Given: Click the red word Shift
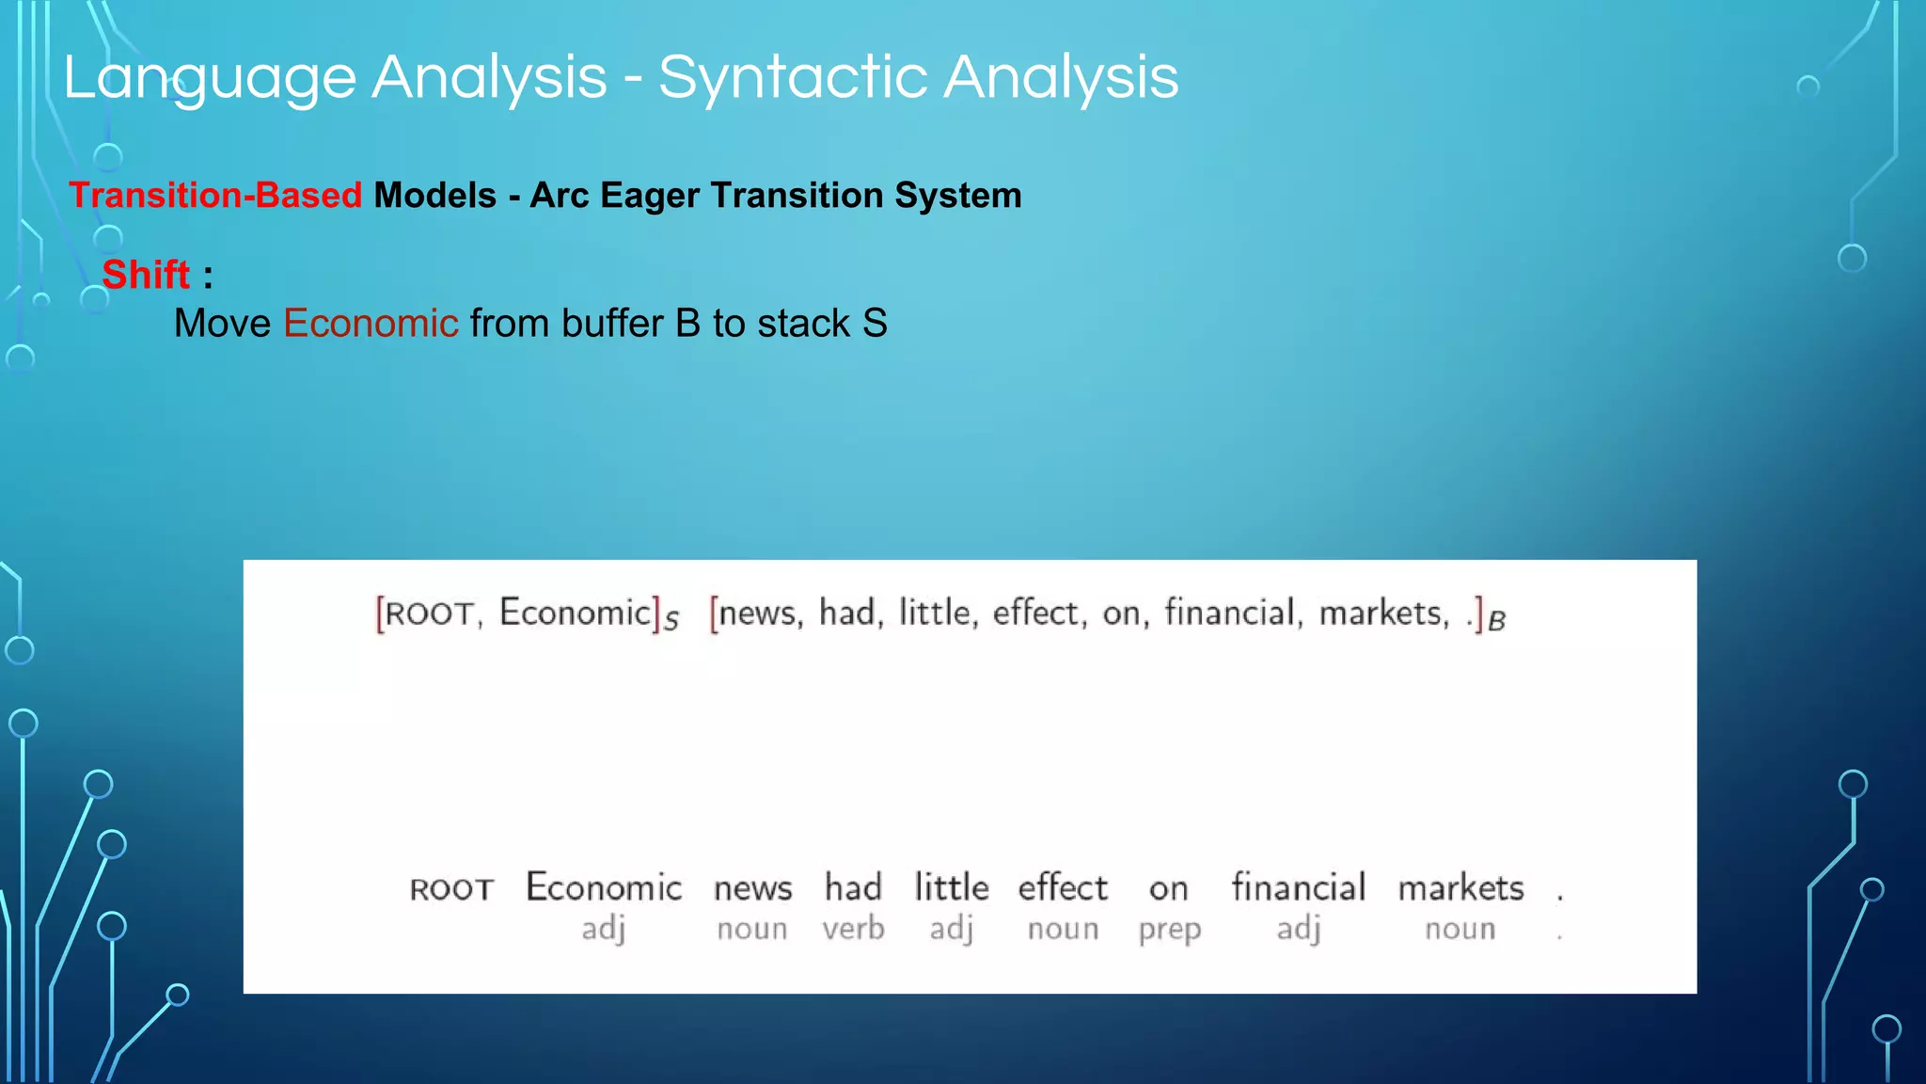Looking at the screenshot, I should (x=146, y=275).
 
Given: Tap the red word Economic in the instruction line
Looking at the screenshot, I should (x=371, y=324).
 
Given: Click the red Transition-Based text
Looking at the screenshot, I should (x=215, y=196).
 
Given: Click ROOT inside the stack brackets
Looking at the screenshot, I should (x=429, y=614).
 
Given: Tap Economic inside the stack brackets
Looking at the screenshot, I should (x=575, y=613).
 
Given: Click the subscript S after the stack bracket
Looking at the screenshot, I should (x=671, y=622).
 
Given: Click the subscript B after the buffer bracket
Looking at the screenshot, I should (x=1497, y=622).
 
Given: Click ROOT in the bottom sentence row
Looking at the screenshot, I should (x=451, y=890).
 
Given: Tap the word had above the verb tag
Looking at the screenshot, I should (x=853, y=887).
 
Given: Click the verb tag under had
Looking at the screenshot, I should (x=853, y=929).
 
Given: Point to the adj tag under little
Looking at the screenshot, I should (x=951, y=930).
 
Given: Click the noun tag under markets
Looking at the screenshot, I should (x=1460, y=929).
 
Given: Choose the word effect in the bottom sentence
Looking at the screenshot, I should (x=1063, y=887).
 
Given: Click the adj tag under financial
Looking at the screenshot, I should (x=1298, y=930).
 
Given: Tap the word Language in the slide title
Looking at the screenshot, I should (x=210, y=77).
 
